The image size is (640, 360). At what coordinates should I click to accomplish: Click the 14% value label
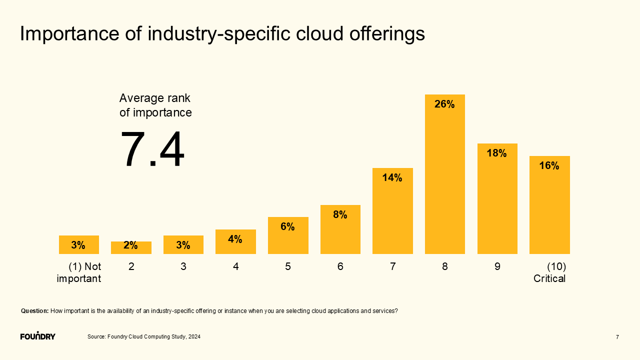pos(392,177)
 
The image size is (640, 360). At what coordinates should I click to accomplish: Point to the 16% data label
pos(549,165)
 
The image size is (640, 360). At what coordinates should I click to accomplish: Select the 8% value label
pos(340,214)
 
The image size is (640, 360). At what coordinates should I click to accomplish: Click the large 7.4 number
pos(152,149)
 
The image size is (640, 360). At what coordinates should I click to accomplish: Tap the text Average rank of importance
pos(155,105)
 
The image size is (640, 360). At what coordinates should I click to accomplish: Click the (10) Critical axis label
pos(550,272)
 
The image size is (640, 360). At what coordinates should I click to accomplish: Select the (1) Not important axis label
pos(79,272)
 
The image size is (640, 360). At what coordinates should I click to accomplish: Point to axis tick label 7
pos(392,266)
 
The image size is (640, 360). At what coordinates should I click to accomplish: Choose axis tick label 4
pos(235,266)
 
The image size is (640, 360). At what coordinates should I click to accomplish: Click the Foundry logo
pos(38,336)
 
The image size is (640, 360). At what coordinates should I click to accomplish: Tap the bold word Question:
pos(34,311)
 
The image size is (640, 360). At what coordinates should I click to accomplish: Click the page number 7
pos(617,337)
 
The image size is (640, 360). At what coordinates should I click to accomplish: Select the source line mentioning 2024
pos(144,337)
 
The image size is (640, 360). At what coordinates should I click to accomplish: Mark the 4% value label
pos(235,239)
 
